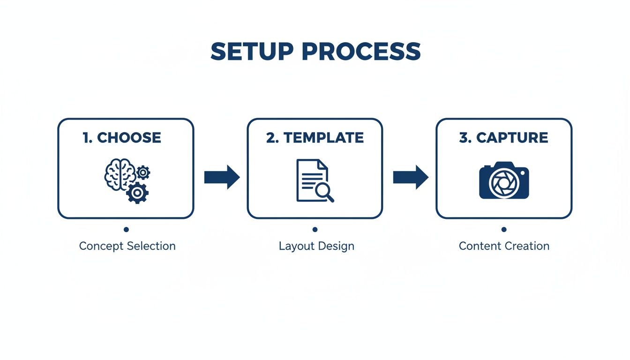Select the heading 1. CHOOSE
click(122, 137)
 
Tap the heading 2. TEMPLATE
click(315, 137)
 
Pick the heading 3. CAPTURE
click(504, 137)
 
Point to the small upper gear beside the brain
click(143, 172)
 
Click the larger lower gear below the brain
click(137, 192)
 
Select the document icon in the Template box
click(310, 180)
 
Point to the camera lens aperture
click(502, 183)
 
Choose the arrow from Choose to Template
click(222, 177)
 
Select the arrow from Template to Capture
click(411, 177)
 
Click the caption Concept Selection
click(127, 246)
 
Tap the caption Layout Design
click(316, 246)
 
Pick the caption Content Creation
click(504, 246)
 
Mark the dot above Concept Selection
click(126, 229)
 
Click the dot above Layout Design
click(315, 229)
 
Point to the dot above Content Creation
click(504, 229)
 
